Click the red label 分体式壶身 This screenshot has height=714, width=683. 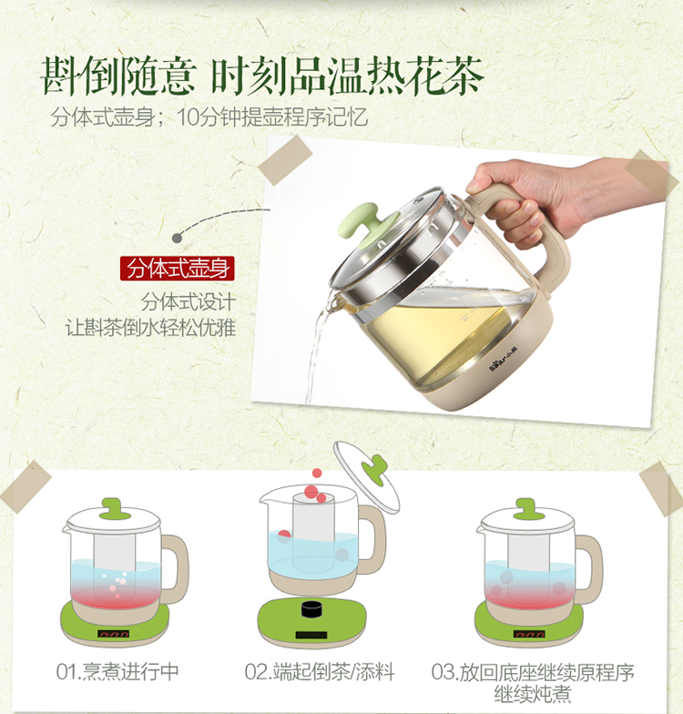click(x=177, y=268)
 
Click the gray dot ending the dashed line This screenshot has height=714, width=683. click(x=177, y=238)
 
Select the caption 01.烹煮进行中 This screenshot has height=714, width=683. click(x=117, y=672)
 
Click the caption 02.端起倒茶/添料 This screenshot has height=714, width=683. click(x=319, y=672)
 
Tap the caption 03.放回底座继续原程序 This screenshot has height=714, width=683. click(x=533, y=672)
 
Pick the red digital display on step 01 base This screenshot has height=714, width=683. click(x=114, y=634)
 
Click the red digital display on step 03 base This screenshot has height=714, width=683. click(x=529, y=634)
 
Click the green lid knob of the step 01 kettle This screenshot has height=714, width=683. click(x=115, y=508)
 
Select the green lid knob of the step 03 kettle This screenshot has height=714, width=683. click(x=528, y=508)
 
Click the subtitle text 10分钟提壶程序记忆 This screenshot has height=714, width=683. click(x=271, y=117)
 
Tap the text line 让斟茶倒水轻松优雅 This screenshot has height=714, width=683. click(x=151, y=328)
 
